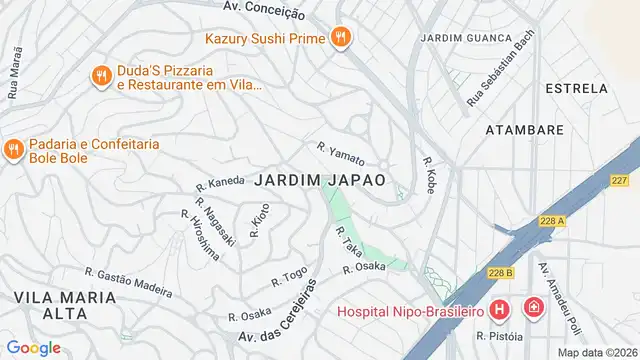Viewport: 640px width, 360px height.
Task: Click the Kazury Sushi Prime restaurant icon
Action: click(341, 37)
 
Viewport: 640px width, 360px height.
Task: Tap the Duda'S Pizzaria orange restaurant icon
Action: click(100, 75)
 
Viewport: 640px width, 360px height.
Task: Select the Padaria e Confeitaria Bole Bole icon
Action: click(13, 150)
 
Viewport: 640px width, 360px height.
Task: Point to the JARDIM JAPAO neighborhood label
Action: click(320, 180)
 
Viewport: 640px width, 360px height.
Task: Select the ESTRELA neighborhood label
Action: click(576, 89)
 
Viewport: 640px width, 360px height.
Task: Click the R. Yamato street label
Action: click(340, 153)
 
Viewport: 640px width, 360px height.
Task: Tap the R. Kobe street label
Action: click(429, 175)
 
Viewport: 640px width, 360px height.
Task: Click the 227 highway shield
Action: click(620, 181)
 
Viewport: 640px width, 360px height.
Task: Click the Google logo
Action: click(34, 347)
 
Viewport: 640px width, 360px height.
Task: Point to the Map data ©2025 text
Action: click(596, 352)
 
